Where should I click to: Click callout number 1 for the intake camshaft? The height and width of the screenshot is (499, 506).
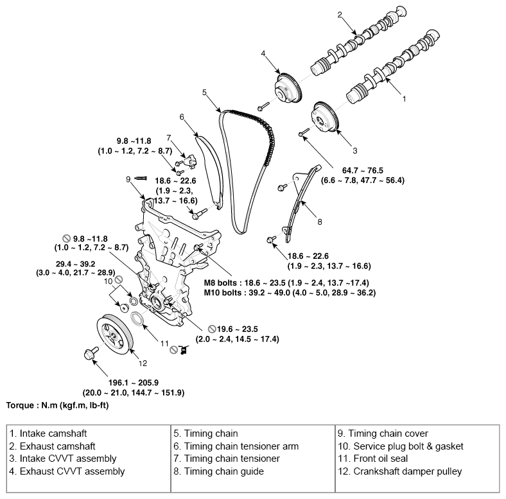pyautogui.click(x=404, y=100)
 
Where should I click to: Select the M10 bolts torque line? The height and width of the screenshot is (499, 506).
pyautogui.click(x=289, y=293)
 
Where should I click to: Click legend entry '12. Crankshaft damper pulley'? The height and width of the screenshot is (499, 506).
pyautogui.click(x=407, y=471)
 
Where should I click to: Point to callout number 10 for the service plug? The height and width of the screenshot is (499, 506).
pyautogui.click(x=109, y=281)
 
